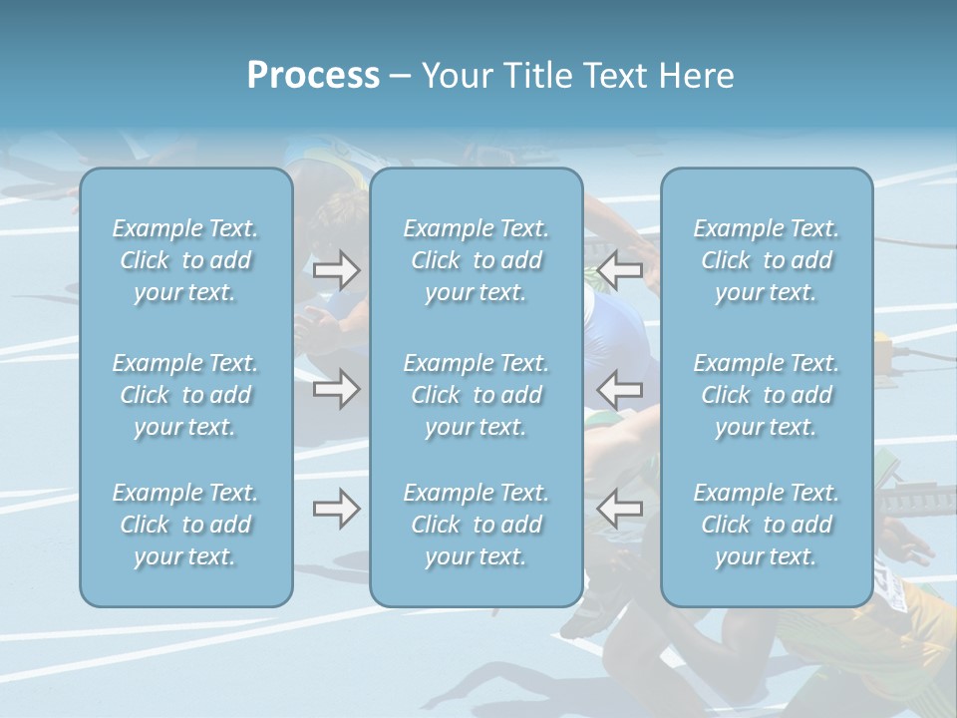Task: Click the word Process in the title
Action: pos(313,76)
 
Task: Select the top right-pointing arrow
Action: pos(336,269)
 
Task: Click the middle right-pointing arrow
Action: pos(336,388)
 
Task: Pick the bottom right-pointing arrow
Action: pos(336,509)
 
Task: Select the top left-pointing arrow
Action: pos(620,269)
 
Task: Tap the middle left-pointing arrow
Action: pos(620,388)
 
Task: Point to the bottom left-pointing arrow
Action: pos(620,509)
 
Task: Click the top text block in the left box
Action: pos(185,260)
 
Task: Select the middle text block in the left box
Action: pos(185,395)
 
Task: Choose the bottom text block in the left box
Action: pos(185,525)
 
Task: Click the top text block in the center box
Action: pos(477,260)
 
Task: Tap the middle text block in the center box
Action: pos(477,395)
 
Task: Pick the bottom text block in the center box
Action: pos(477,525)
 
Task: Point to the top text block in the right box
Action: pos(767,260)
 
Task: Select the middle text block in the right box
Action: pos(767,395)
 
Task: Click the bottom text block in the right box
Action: pos(767,525)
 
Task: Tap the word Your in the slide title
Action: pos(453,76)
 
